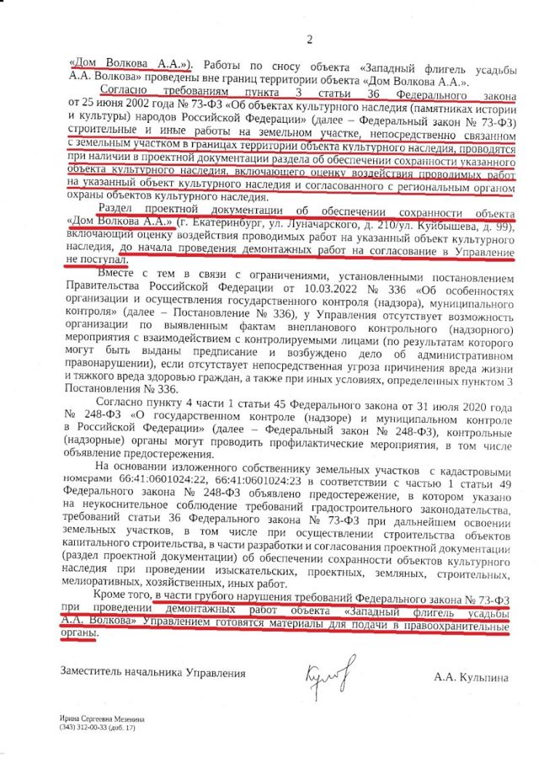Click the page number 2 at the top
click(x=309, y=40)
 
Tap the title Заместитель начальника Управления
click(x=152, y=673)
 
